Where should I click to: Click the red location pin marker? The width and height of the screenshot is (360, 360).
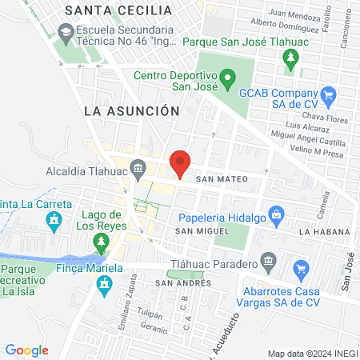click(181, 164)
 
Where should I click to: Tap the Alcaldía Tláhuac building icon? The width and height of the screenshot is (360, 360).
click(138, 167)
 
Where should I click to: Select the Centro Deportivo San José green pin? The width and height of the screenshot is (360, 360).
click(227, 78)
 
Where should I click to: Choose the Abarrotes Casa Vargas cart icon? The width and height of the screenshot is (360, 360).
click(301, 268)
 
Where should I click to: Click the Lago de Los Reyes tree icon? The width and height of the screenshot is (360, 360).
click(101, 240)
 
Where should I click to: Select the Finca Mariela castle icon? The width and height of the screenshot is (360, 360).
click(103, 284)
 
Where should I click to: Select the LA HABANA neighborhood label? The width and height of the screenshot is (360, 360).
click(320, 231)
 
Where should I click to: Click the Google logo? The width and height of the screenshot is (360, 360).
click(26, 350)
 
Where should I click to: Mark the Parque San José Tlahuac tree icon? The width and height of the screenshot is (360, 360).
click(290, 56)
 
